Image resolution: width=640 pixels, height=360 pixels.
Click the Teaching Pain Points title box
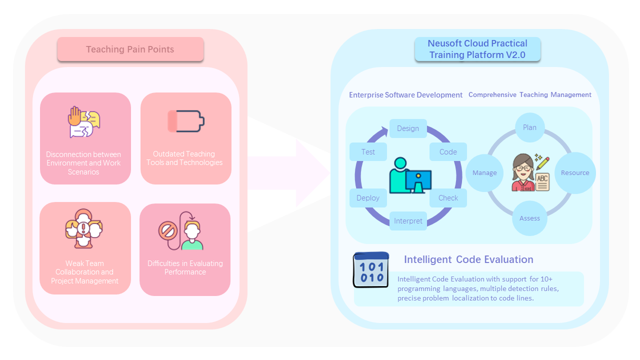coord(130,49)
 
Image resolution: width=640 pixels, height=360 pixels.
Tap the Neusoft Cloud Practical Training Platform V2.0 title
coord(477,49)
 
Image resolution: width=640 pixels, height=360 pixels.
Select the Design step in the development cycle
coord(408,128)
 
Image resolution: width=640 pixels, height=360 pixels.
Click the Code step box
coord(448,152)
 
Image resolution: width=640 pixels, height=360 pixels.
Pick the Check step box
coord(448,198)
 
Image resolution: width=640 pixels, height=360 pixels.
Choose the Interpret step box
coord(408,221)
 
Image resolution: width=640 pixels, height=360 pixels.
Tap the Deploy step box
coord(368,198)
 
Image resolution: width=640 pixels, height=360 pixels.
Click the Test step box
coord(368,152)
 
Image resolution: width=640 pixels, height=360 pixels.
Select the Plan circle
coord(529,127)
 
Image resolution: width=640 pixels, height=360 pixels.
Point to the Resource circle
coord(575,173)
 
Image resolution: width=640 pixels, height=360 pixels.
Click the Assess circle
coord(529,218)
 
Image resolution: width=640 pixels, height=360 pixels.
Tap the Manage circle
coord(484,173)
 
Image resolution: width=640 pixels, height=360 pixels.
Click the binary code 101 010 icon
coord(371,270)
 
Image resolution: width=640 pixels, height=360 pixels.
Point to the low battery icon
coord(186,121)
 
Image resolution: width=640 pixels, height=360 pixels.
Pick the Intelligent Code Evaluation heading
coord(468,259)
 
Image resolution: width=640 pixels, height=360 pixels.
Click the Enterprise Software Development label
coord(405,95)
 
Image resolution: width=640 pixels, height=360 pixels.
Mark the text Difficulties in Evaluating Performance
coord(185,267)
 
